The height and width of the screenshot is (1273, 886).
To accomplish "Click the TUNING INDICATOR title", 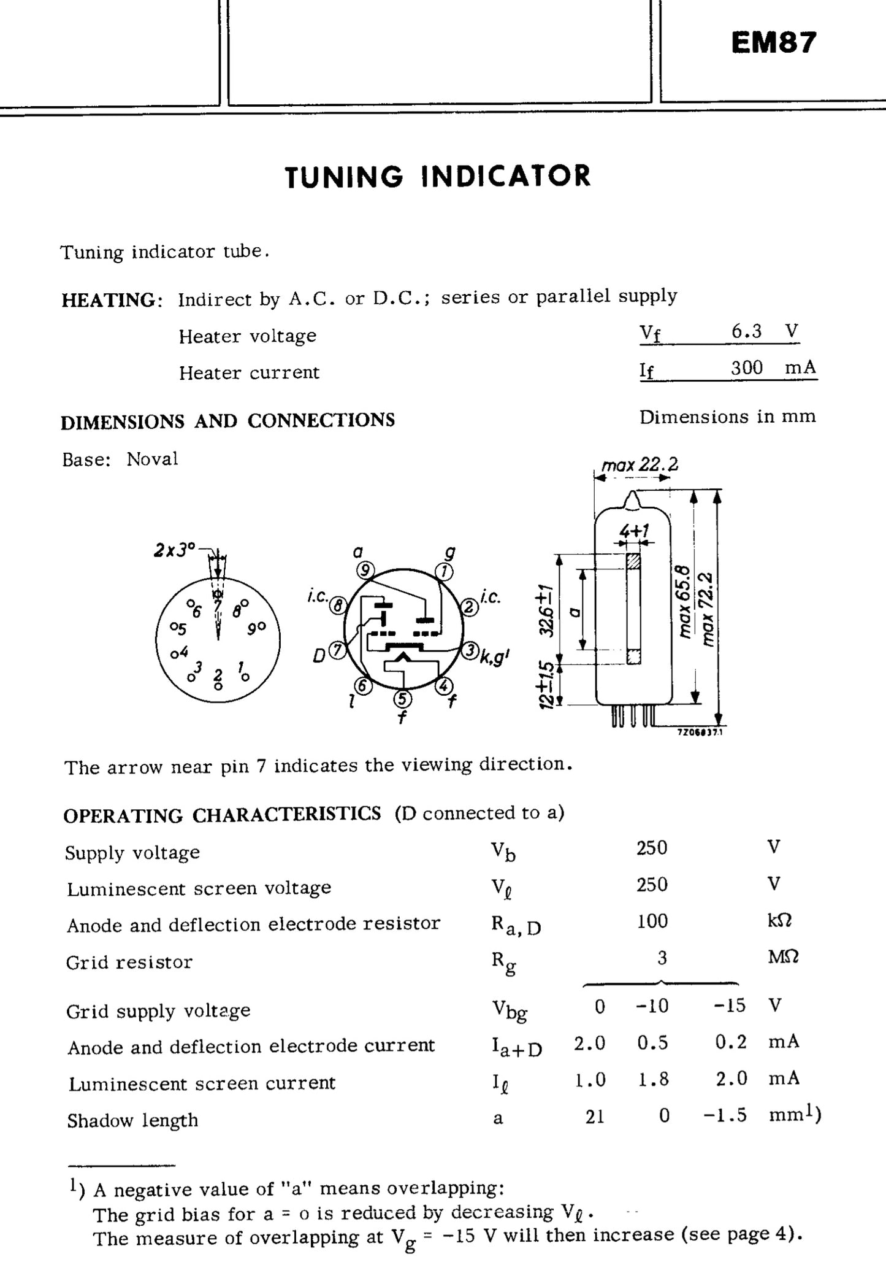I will pyautogui.click(x=438, y=176).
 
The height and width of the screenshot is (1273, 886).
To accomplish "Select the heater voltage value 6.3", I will pyautogui.click(x=746, y=332).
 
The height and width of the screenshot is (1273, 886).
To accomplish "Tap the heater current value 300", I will pyautogui.click(x=746, y=368).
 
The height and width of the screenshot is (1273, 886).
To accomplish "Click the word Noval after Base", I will pyautogui.click(x=152, y=459).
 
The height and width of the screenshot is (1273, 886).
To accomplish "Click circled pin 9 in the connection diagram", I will pyautogui.click(x=365, y=571).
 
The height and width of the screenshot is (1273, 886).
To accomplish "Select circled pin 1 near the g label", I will pyautogui.click(x=443, y=572).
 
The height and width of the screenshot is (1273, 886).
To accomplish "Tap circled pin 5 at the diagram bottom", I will pyautogui.click(x=402, y=699).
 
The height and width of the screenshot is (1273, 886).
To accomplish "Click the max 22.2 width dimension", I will pyautogui.click(x=640, y=465).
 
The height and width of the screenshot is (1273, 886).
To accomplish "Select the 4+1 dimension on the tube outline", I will pyautogui.click(x=634, y=530).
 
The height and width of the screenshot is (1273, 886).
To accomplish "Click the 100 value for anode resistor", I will pyautogui.click(x=652, y=921).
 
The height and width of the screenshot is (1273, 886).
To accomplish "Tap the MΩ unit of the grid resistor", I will pyautogui.click(x=783, y=958).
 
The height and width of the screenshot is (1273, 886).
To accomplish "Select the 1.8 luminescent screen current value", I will pyautogui.click(x=652, y=1079).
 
